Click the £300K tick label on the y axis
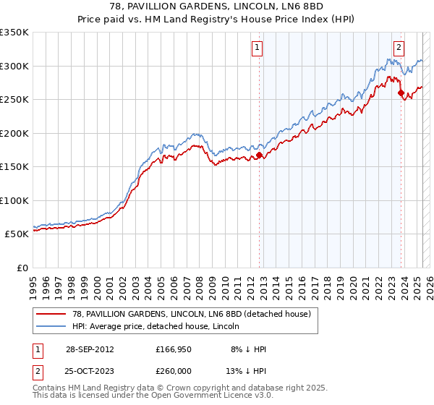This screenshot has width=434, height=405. tap(14, 66)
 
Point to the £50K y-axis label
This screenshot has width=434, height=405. tap(16, 234)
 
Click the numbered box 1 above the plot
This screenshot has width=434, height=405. tap(258, 48)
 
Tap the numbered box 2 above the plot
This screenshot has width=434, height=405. tap(399, 48)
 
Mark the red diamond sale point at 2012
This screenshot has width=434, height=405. tap(259, 155)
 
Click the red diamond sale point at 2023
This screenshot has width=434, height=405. tap(400, 93)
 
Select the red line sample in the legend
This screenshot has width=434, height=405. tap(52, 314)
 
